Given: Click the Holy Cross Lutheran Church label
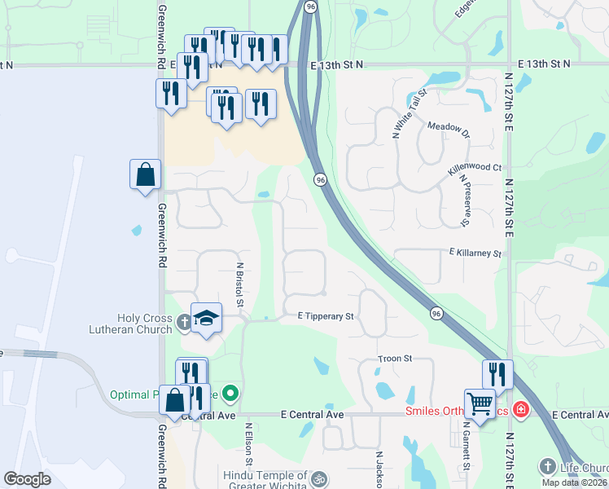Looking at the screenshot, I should pyautogui.click(x=131, y=324).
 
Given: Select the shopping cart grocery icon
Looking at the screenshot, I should pyautogui.click(x=480, y=404).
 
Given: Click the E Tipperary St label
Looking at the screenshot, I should pyautogui.click(x=326, y=315).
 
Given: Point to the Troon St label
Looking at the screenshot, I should pyautogui.click(x=396, y=359).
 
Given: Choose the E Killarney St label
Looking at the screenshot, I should pyautogui.click(x=474, y=253).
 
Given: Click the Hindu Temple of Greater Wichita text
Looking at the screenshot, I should pyautogui.click(x=265, y=481).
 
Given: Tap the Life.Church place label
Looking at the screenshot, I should pyautogui.click(x=581, y=468).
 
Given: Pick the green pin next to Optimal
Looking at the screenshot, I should pyautogui.click(x=230, y=394).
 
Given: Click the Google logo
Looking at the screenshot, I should pyautogui.click(x=28, y=479).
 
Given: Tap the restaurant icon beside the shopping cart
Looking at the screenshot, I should pyautogui.click(x=497, y=375).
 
